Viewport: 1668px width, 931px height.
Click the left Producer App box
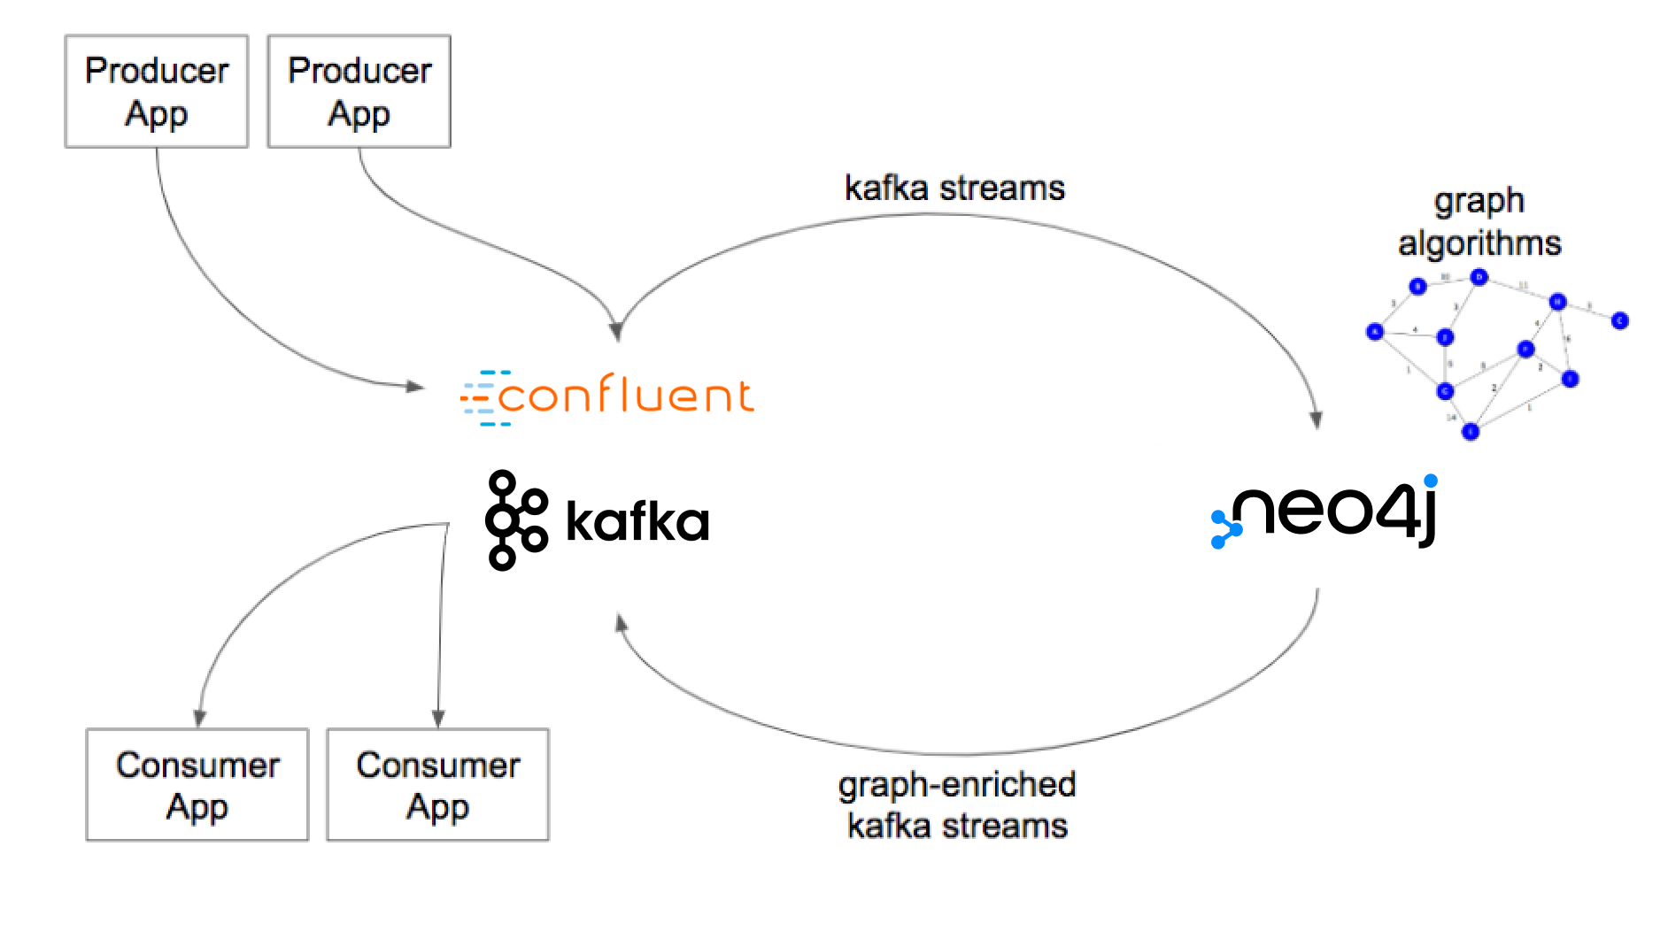tap(157, 91)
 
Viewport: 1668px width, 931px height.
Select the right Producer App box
tap(359, 91)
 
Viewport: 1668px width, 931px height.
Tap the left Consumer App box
tap(197, 785)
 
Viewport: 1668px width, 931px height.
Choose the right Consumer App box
tap(438, 785)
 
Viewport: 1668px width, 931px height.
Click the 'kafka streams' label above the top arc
tap(954, 189)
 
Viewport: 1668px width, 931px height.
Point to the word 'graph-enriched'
tap(957, 785)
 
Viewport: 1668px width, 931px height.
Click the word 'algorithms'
tap(1479, 243)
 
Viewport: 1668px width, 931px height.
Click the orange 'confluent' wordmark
tap(625, 395)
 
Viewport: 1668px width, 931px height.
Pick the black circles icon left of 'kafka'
tap(515, 520)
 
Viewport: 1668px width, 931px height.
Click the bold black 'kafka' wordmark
tap(637, 522)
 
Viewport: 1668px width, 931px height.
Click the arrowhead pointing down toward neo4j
tap(1317, 420)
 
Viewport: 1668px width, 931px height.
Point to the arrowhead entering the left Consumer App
tap(200, 718)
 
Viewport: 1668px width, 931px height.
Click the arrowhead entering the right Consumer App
tap(438, 719)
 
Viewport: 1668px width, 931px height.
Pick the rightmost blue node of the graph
tap(1620, 320)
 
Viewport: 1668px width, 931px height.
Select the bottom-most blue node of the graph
tap(1471, 432)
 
